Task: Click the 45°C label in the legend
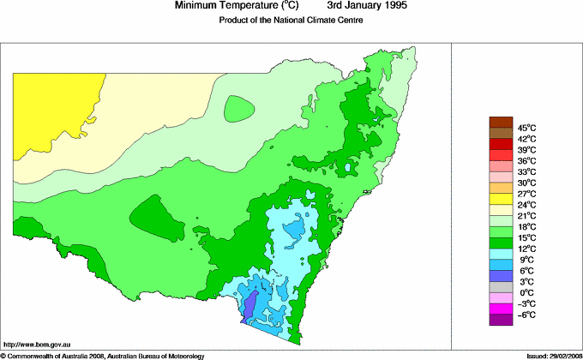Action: [526, 127]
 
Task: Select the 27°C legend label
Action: [526, 194]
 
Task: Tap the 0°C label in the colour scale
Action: [526, 293]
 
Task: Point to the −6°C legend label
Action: [526, 315]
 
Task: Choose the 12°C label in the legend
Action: [526, 249]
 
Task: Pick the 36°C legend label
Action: [526, 160]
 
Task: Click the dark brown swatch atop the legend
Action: [500, 121]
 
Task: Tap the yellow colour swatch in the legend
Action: [500, 199]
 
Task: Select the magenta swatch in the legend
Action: [500, 309]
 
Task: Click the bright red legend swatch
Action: [500, 154]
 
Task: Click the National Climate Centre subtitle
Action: [291, 21]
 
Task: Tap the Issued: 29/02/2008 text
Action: [549, 355]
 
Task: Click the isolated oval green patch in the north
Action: [239, 108]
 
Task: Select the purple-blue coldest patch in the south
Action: [250, 305]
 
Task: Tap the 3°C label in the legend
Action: [526, 282]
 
